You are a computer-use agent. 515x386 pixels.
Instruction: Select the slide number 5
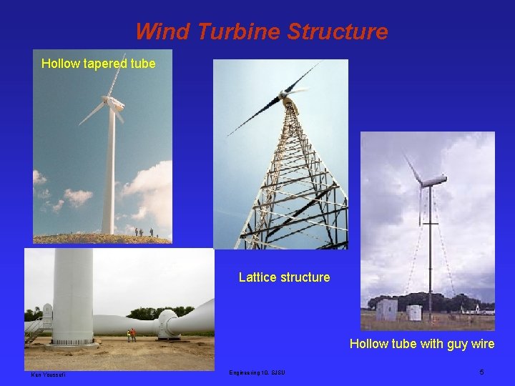tap(482, 372)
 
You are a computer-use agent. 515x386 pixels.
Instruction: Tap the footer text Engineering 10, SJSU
tap(257, 372)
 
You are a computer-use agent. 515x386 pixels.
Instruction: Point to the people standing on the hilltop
tap(143, 232)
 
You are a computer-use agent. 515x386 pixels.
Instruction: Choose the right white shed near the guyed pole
tap(414, 312)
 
